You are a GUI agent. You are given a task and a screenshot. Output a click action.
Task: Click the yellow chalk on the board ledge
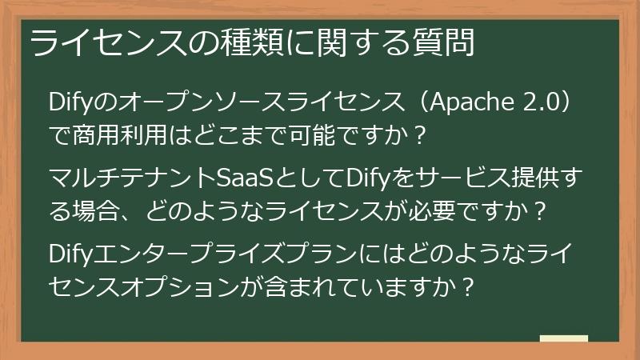click(564, 339)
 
